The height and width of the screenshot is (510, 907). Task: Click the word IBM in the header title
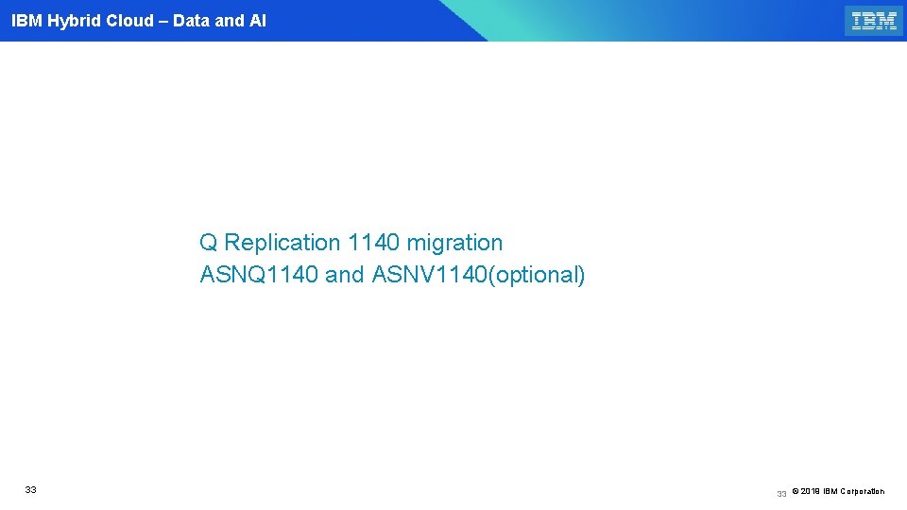point(26,21)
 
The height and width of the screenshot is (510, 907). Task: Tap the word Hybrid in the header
point(74,21)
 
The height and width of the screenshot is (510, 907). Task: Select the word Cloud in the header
point(130,21)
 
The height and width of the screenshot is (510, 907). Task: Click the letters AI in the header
point(257,21)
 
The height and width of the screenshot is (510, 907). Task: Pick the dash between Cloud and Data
point(163,21)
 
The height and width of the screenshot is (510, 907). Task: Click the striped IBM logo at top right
point(874,21)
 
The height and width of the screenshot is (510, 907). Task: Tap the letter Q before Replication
point(209,243)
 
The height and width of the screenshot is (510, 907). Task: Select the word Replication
point(282,243)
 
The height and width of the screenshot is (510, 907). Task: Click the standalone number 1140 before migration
point(374,243)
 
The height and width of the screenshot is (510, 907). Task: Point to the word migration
point(455,243)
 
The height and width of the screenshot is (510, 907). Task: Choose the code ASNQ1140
point(260,276)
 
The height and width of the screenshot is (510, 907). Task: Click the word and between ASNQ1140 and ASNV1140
point(345,276)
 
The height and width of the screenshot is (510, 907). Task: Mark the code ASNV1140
point(428,276)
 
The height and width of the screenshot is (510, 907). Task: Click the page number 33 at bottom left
point(31,490)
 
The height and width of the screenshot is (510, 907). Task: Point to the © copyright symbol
point(796,491)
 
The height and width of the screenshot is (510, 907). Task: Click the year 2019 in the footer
point(810,491)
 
